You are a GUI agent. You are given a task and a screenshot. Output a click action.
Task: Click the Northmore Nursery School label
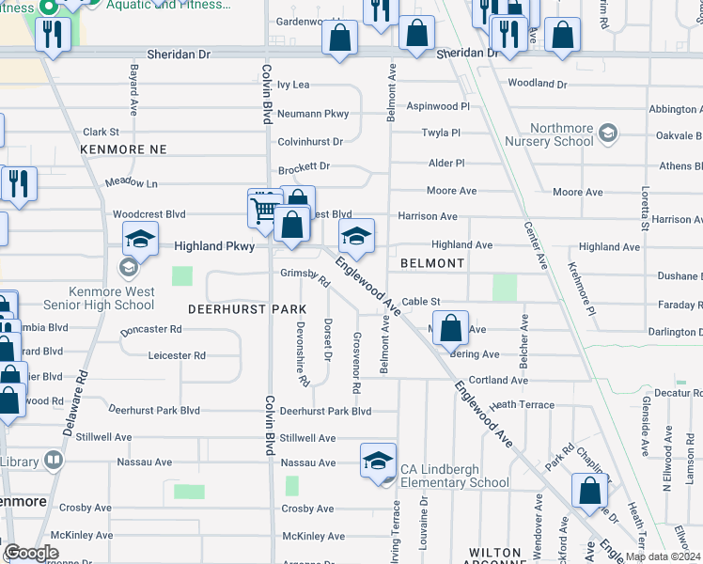tap(563, 134)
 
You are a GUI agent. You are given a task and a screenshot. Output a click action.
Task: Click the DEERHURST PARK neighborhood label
tap(247, 309)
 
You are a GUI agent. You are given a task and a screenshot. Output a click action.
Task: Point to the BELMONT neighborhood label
tap(432, 263)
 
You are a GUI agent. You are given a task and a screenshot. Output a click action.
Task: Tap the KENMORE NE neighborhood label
tap(123, 149)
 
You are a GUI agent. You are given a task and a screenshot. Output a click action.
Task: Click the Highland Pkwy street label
tap(214, 246)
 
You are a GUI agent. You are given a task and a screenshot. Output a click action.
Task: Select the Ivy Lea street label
tap(294, 85)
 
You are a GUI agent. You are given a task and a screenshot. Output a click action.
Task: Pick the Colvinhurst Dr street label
tap(310, 142)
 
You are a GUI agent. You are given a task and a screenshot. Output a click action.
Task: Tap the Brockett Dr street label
tap(305, 169)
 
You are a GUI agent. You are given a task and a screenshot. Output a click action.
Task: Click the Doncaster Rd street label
tap(150, 330)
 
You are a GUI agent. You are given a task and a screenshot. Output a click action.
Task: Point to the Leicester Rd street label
tap(177, 355)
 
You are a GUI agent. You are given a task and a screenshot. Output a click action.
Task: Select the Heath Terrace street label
tap(523, 404)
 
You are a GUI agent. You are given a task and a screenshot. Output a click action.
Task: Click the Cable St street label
tap(421, 302)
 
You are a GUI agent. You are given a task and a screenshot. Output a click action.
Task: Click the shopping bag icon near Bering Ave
tap(451, 330)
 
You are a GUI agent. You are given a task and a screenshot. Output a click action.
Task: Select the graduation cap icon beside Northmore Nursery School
tap(608, 133)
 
